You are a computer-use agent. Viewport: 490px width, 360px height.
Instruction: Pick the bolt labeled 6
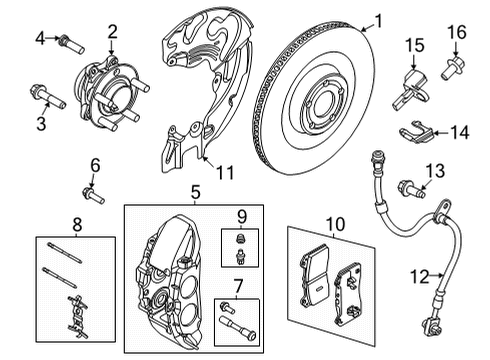coord(91,194)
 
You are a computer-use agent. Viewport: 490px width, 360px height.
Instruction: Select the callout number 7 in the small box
coord(236,288)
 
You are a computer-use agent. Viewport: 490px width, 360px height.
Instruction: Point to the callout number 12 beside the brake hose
coord(418,275)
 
